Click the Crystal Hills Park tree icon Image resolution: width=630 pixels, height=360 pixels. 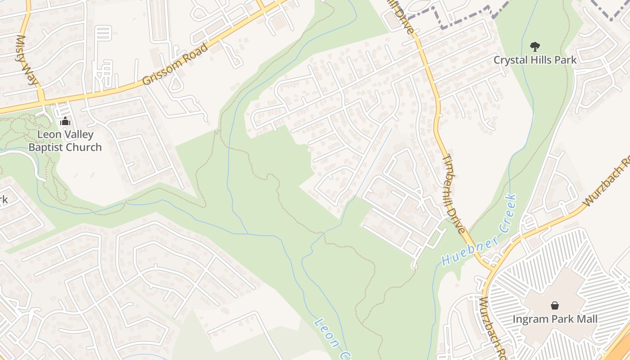point(535,46)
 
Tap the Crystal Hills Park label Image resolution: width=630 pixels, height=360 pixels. point(535,60)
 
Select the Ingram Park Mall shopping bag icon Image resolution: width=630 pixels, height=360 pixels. point(555,306)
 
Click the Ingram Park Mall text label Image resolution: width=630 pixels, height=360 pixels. point(555,319)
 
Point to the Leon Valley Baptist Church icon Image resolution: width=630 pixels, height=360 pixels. point(65,121)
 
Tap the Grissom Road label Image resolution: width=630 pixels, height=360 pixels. point(175,64)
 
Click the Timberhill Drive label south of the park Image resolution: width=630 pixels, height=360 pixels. point(454,193)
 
